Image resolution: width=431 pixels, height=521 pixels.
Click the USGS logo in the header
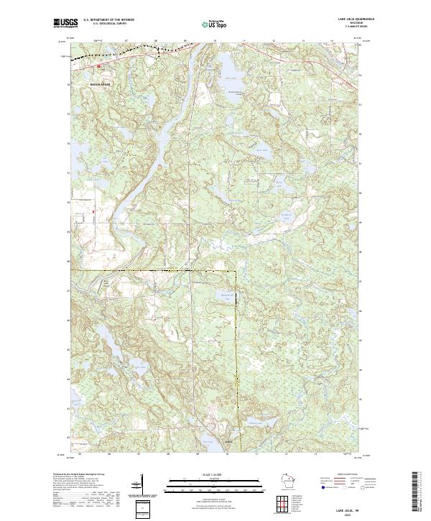(x=64, y=24)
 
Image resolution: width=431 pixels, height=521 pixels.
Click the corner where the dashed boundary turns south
(x=236, y=272)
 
